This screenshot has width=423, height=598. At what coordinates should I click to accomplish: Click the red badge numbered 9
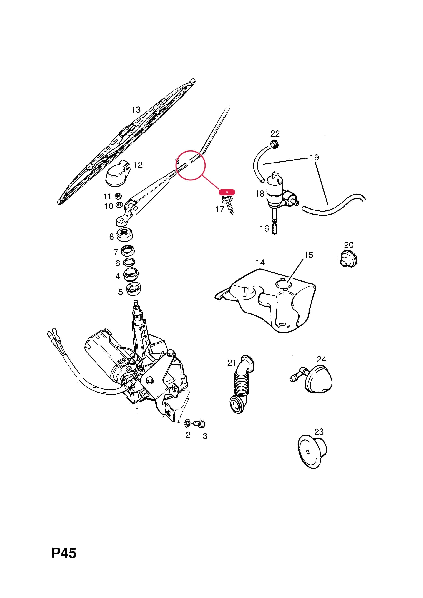pyautogui.click(x=227, y=192)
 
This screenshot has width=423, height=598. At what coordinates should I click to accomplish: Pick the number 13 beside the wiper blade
pyautogui.click(x=136, y=110)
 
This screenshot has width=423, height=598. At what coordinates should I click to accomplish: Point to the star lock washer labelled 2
pyautogui.click(x=187, y=423)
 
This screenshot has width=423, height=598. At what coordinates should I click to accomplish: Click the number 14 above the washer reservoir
pyautogui.click(x=260, y=262)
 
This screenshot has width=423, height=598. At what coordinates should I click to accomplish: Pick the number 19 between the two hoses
pyautogui.click(x=314, y=157)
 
